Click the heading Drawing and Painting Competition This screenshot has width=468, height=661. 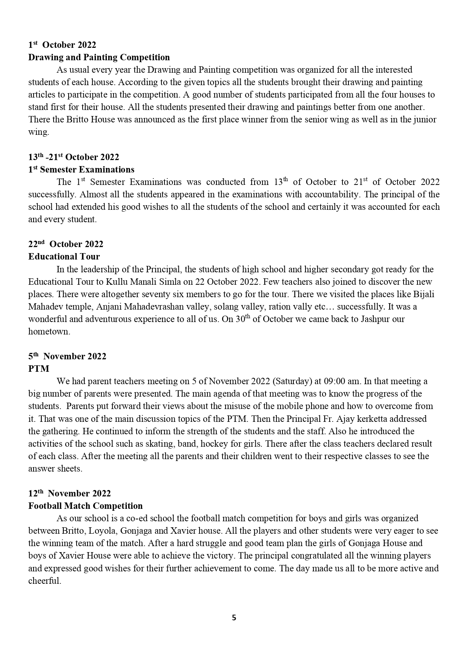[99, 57]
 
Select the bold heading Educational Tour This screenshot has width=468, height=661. [64, 256]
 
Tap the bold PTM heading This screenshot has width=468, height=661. [38, 369]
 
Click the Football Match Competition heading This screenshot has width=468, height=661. [86, 506]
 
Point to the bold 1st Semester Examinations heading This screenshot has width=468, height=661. [81, 169]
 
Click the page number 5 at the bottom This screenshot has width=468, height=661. [234, 618]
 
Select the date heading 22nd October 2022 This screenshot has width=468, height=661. [66, 244]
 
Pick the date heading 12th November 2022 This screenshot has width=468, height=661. [69, 493]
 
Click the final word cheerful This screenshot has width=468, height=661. [44, 581]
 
